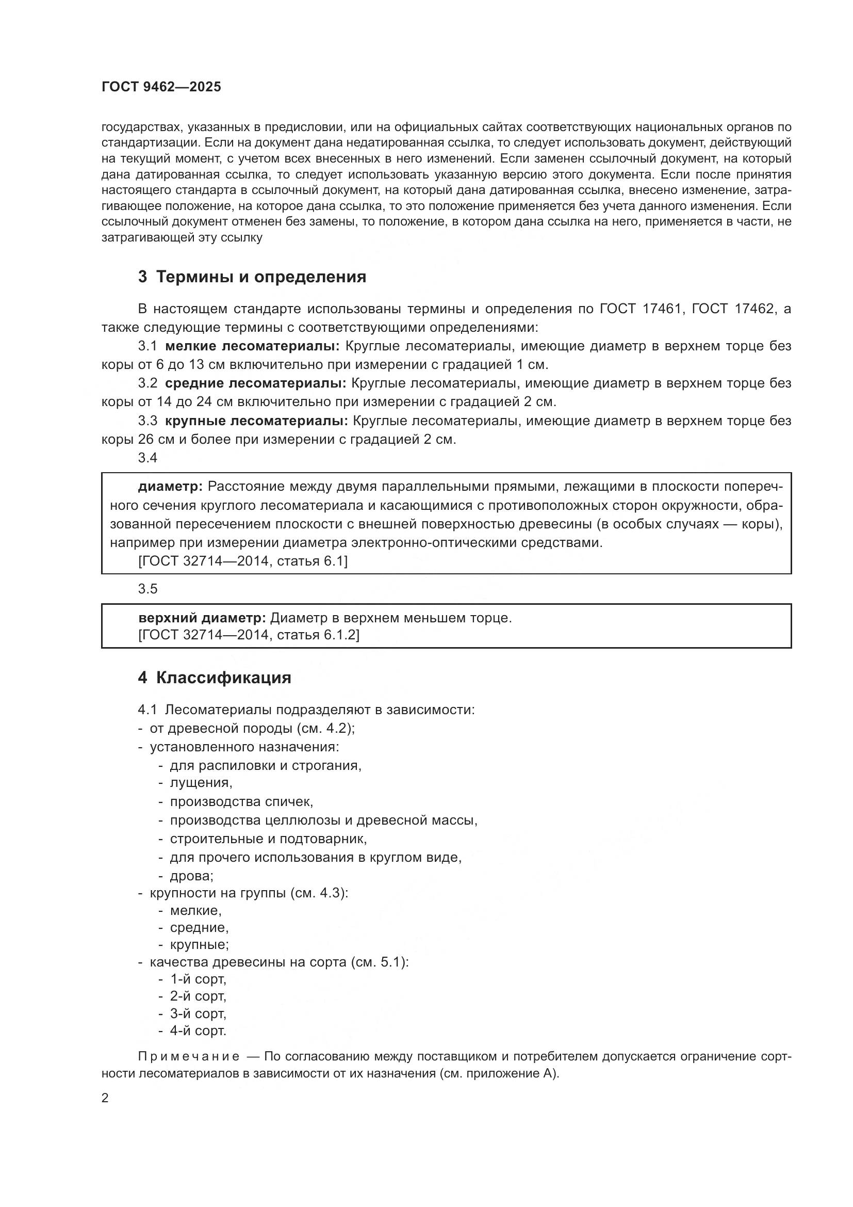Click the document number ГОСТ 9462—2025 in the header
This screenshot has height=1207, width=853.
click(x=161, y=87)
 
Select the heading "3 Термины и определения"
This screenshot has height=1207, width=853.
click(x=252, y=277)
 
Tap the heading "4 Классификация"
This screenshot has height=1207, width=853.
click(x=215, y=678)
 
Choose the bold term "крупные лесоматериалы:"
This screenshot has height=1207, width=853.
click(x=256, y=421)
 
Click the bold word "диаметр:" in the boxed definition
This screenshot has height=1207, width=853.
click(x=170, y=487)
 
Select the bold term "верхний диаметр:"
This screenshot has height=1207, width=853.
click(x=202, y=618)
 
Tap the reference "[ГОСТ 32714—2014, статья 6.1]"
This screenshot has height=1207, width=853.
click(x=243, y=561)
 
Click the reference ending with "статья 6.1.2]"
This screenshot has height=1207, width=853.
click(x=249, y=635)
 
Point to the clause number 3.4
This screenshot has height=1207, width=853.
click(x=147, y=458)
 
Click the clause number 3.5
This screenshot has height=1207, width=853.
click(x=147, y=589)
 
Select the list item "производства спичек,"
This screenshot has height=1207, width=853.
click(x=241, y=802)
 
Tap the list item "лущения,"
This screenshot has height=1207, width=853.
click(x=201, y=783)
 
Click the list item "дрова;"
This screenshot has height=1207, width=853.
click(x=192, y=876)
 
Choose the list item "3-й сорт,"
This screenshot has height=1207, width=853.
click(x=198, y=1013)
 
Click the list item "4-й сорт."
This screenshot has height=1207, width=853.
click(x=198, y=1031)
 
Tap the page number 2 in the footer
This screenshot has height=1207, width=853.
click(x=105, y=1098)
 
